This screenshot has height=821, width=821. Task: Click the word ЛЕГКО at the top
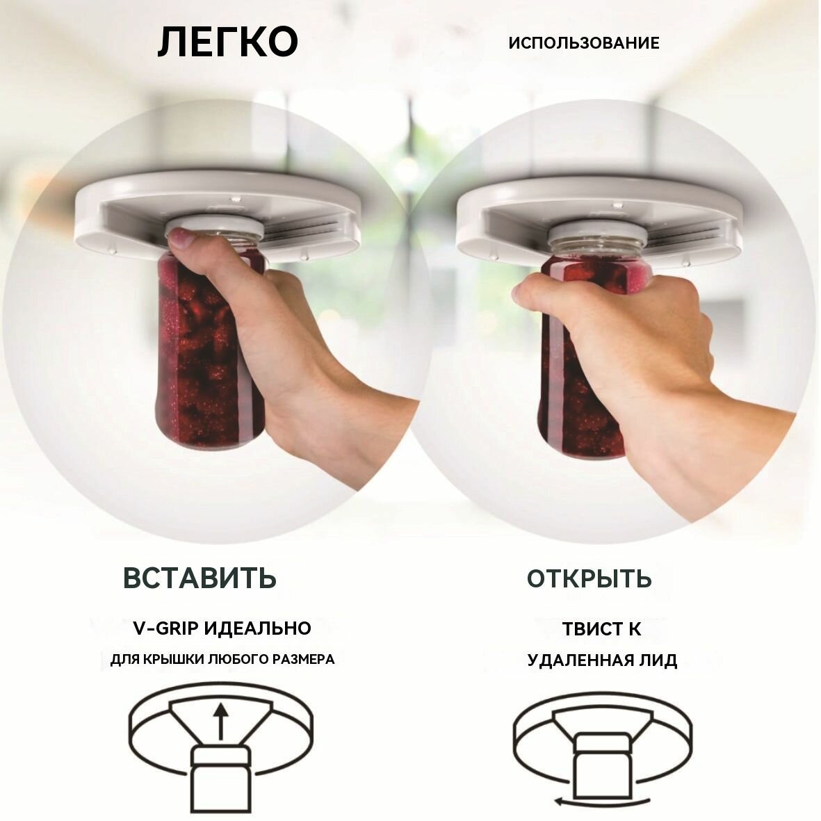(x=227, y=42)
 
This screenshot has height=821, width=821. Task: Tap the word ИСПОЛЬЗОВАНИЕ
(x=583, y=43)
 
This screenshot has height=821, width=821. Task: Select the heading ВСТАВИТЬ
(x=200, y=578)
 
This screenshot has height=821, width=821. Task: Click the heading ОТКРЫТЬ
(x=589, y=578)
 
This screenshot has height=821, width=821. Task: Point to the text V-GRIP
(x=165, y=628)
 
